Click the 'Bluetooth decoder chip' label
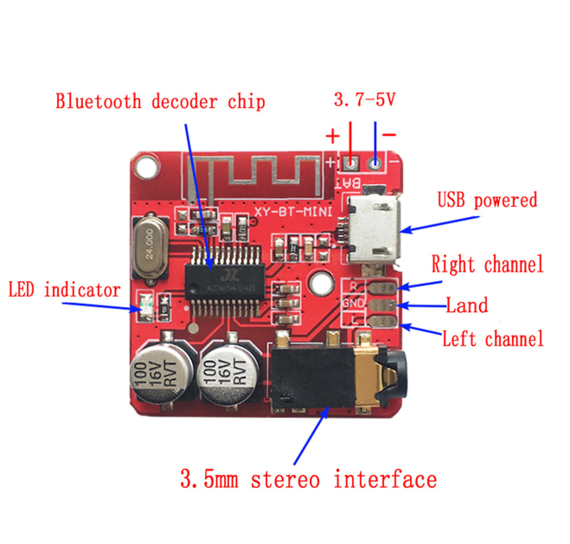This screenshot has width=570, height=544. click(x=160, y=101)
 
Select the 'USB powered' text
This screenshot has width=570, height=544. click(x=487, y=201)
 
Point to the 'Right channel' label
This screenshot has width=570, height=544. click(x=487, y=265)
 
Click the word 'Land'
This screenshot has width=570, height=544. click(x=466, y=305)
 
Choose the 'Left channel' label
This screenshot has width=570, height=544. click(x=492, y=339)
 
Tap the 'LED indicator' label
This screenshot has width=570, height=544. click(x=65, y=290)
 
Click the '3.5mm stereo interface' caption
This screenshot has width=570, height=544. click(x=307, y=478)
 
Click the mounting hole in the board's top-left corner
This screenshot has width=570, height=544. click(x=148, y=164)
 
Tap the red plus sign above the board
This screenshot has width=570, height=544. click(x=332, y=135)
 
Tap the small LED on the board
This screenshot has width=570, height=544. click(x=147, y=305)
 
